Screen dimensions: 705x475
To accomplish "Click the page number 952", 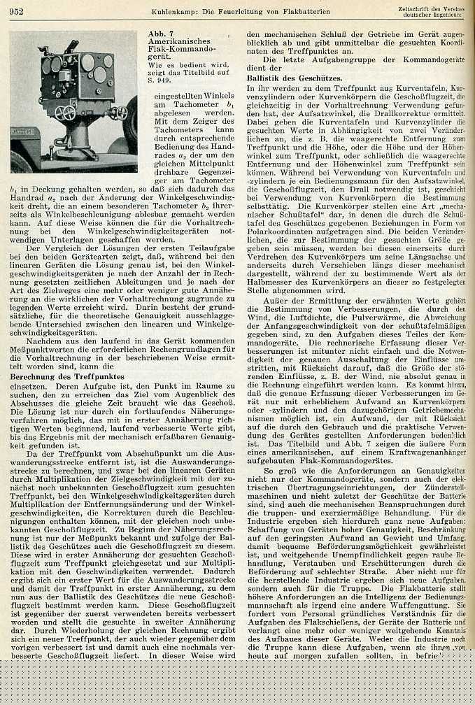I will (x=17, y=12).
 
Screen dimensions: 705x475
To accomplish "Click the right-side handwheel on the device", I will (x=120, y=111).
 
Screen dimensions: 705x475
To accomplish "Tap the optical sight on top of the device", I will (x=64, y=46).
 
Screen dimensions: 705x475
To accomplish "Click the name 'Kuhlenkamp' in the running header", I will (x=173, y=12).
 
